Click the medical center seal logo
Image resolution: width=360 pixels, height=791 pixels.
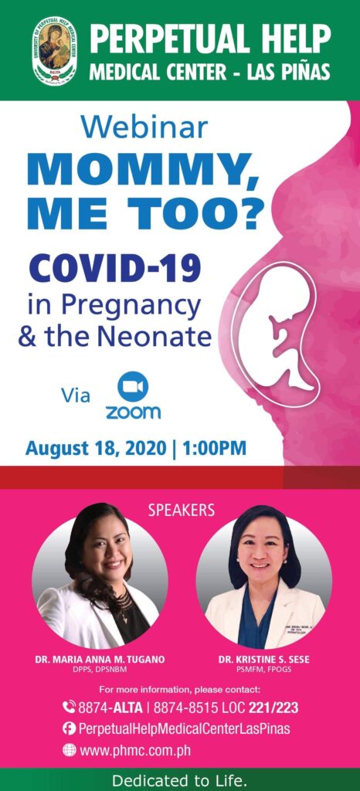pyautogui.click(x=54, y=52)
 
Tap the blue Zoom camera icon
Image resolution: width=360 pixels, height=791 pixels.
pyautogui.click(x=133, y=385)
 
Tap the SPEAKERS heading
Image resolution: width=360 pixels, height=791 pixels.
pyautogui.click(x=180, y=510)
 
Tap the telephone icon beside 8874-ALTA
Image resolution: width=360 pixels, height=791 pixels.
pyautogui.click(x=69, y=706)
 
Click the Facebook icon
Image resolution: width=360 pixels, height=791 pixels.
pyautogui.click(x=69, y=728)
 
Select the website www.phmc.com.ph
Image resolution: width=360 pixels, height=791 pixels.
pyautogui.click(x=131, y=749)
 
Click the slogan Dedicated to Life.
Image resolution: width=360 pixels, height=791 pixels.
pyautogui.click(x=180, y=779)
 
